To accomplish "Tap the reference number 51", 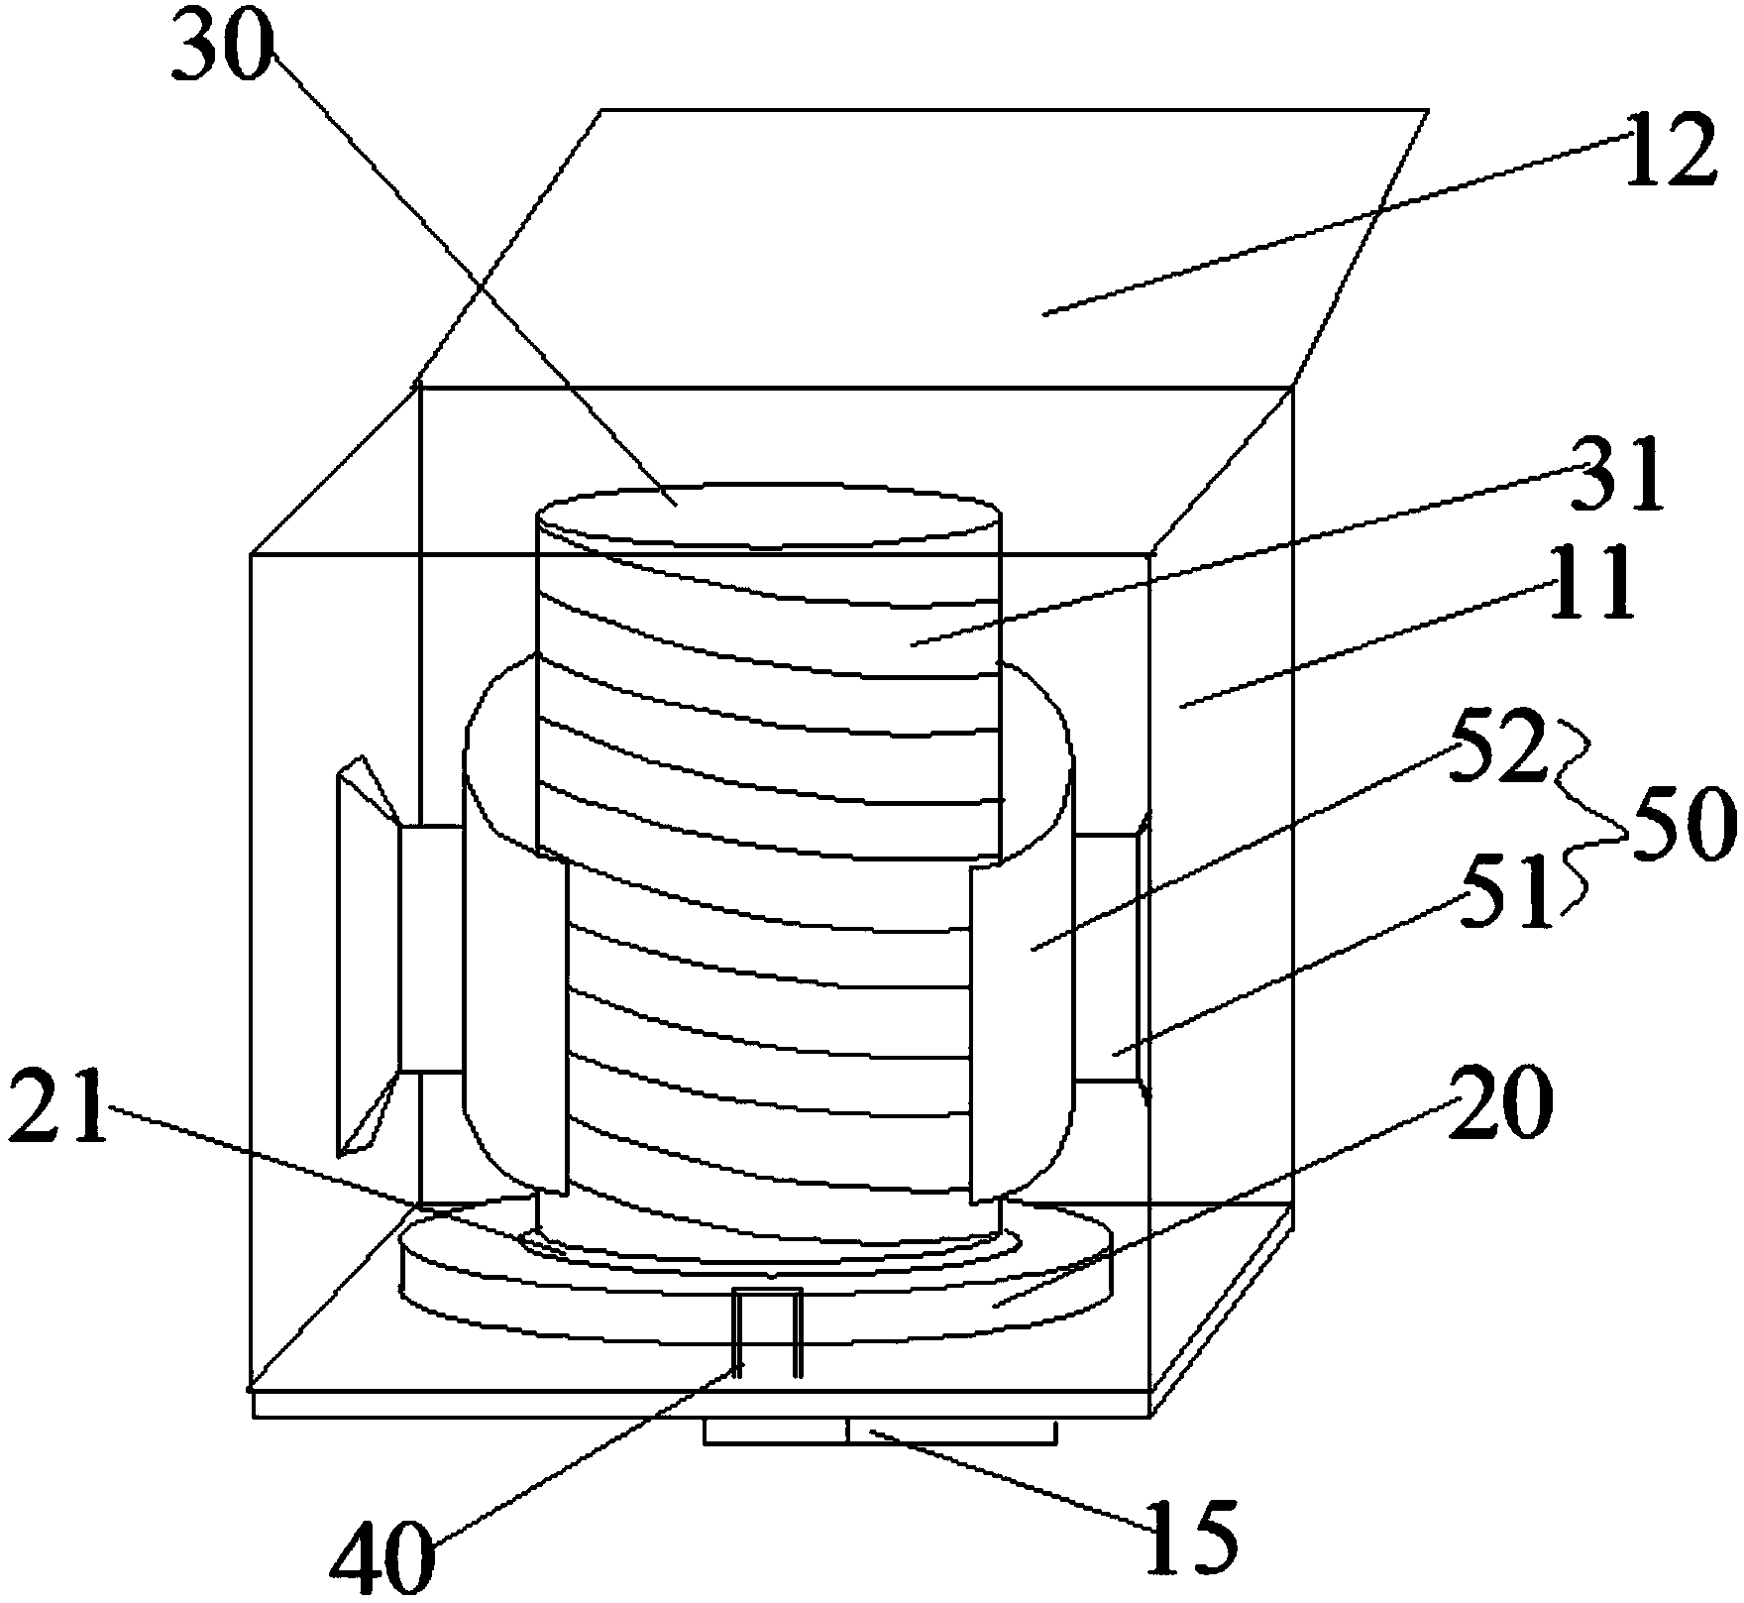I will tap(1504, 895).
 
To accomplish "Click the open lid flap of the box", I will tap(991, 248).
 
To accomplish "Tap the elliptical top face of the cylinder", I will tap(768, 515).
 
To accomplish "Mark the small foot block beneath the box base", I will tap(879, 1431).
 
